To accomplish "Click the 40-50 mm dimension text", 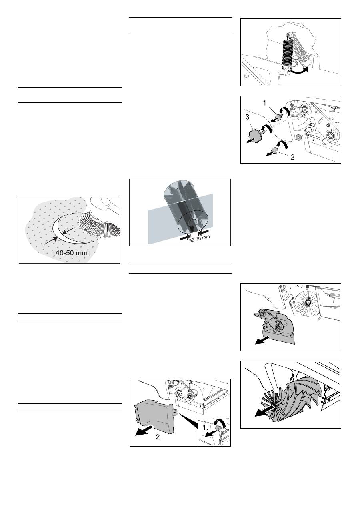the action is click(x=71, y=253).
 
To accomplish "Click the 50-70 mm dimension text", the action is click(x=199, y=239).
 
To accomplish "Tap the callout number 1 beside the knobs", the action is click(x=264, y=103).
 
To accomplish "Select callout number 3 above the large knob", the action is click(x=247, y=117).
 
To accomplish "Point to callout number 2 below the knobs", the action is click(x=293, y=157).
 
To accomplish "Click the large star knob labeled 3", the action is click(x=255, y=134).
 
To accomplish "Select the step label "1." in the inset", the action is click(x=205, y=427).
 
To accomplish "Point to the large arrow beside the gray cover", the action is click(x=144, y=431).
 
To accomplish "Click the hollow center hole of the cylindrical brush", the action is click(x=193, y=222).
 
